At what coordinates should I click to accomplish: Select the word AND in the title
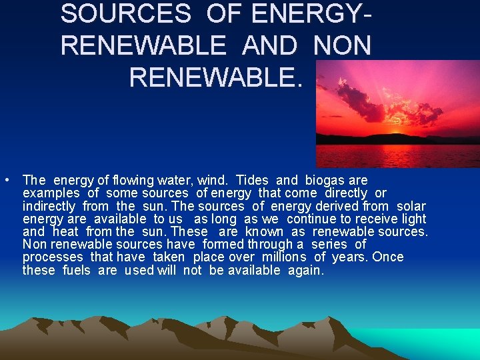coord(270,45)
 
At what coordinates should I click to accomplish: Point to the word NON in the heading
coord(342,45)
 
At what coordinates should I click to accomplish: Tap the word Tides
coord(251,180)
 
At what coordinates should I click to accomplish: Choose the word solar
coord(411,206)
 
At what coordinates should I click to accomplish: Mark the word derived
coord(319,206)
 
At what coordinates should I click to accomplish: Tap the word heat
coord(65,231)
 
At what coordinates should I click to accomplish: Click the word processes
coord(53,257)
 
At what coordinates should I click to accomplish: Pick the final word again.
coord(306,271)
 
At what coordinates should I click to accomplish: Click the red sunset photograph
coord(397,113)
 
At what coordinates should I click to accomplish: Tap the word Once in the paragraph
coord(388,257)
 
